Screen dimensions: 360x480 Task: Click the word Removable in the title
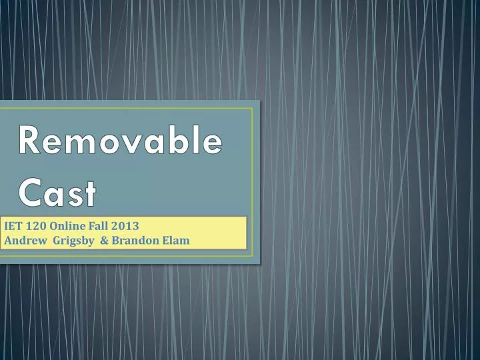(x=119, y=141)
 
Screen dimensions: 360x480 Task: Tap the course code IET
(x=13, y=225)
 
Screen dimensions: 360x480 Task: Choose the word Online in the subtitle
(x=67, y=225)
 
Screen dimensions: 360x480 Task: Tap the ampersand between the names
(x=105, y=240)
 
